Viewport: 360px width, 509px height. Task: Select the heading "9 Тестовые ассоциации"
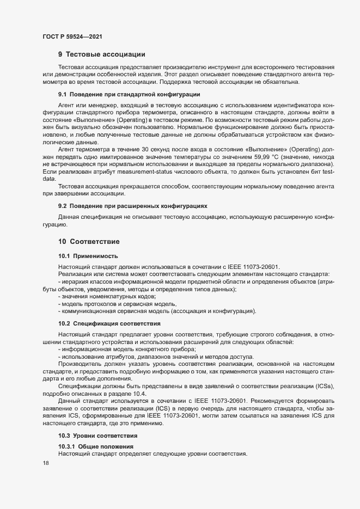click(x=101, y=54)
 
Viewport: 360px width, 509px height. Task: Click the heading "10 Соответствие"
click(x=89, y=241)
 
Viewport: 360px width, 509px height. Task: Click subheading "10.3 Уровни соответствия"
click(x=97, y=436)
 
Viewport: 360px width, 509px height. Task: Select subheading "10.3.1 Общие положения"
click(x=95, y=447)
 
